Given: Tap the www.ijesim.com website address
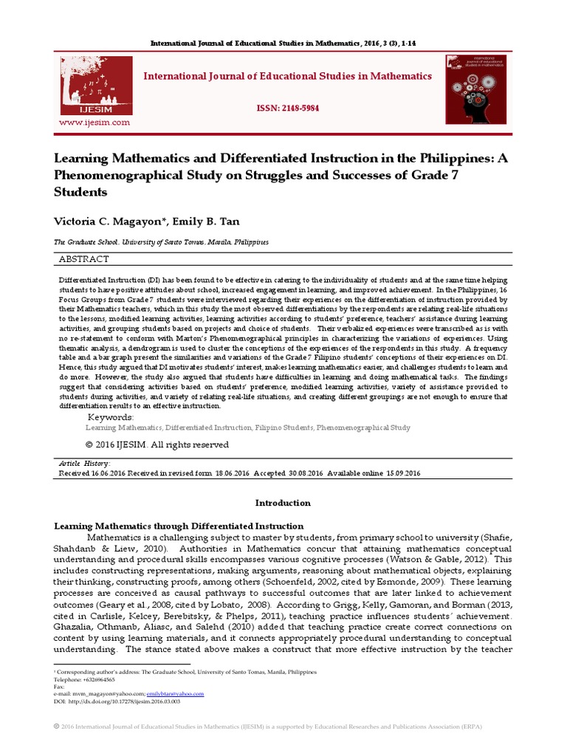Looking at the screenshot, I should [94, 123].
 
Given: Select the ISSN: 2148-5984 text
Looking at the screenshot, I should [287, 108].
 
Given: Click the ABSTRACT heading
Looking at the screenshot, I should [83, 259].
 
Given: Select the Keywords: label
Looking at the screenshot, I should [111, 417].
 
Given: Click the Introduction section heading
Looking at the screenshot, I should [283, 503].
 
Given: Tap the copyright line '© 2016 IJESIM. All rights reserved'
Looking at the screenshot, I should [157, 444].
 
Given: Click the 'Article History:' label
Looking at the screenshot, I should [84, 463].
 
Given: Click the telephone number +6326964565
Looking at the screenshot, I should [92, 679].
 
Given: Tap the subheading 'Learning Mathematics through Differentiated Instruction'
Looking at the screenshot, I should [179, 526].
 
